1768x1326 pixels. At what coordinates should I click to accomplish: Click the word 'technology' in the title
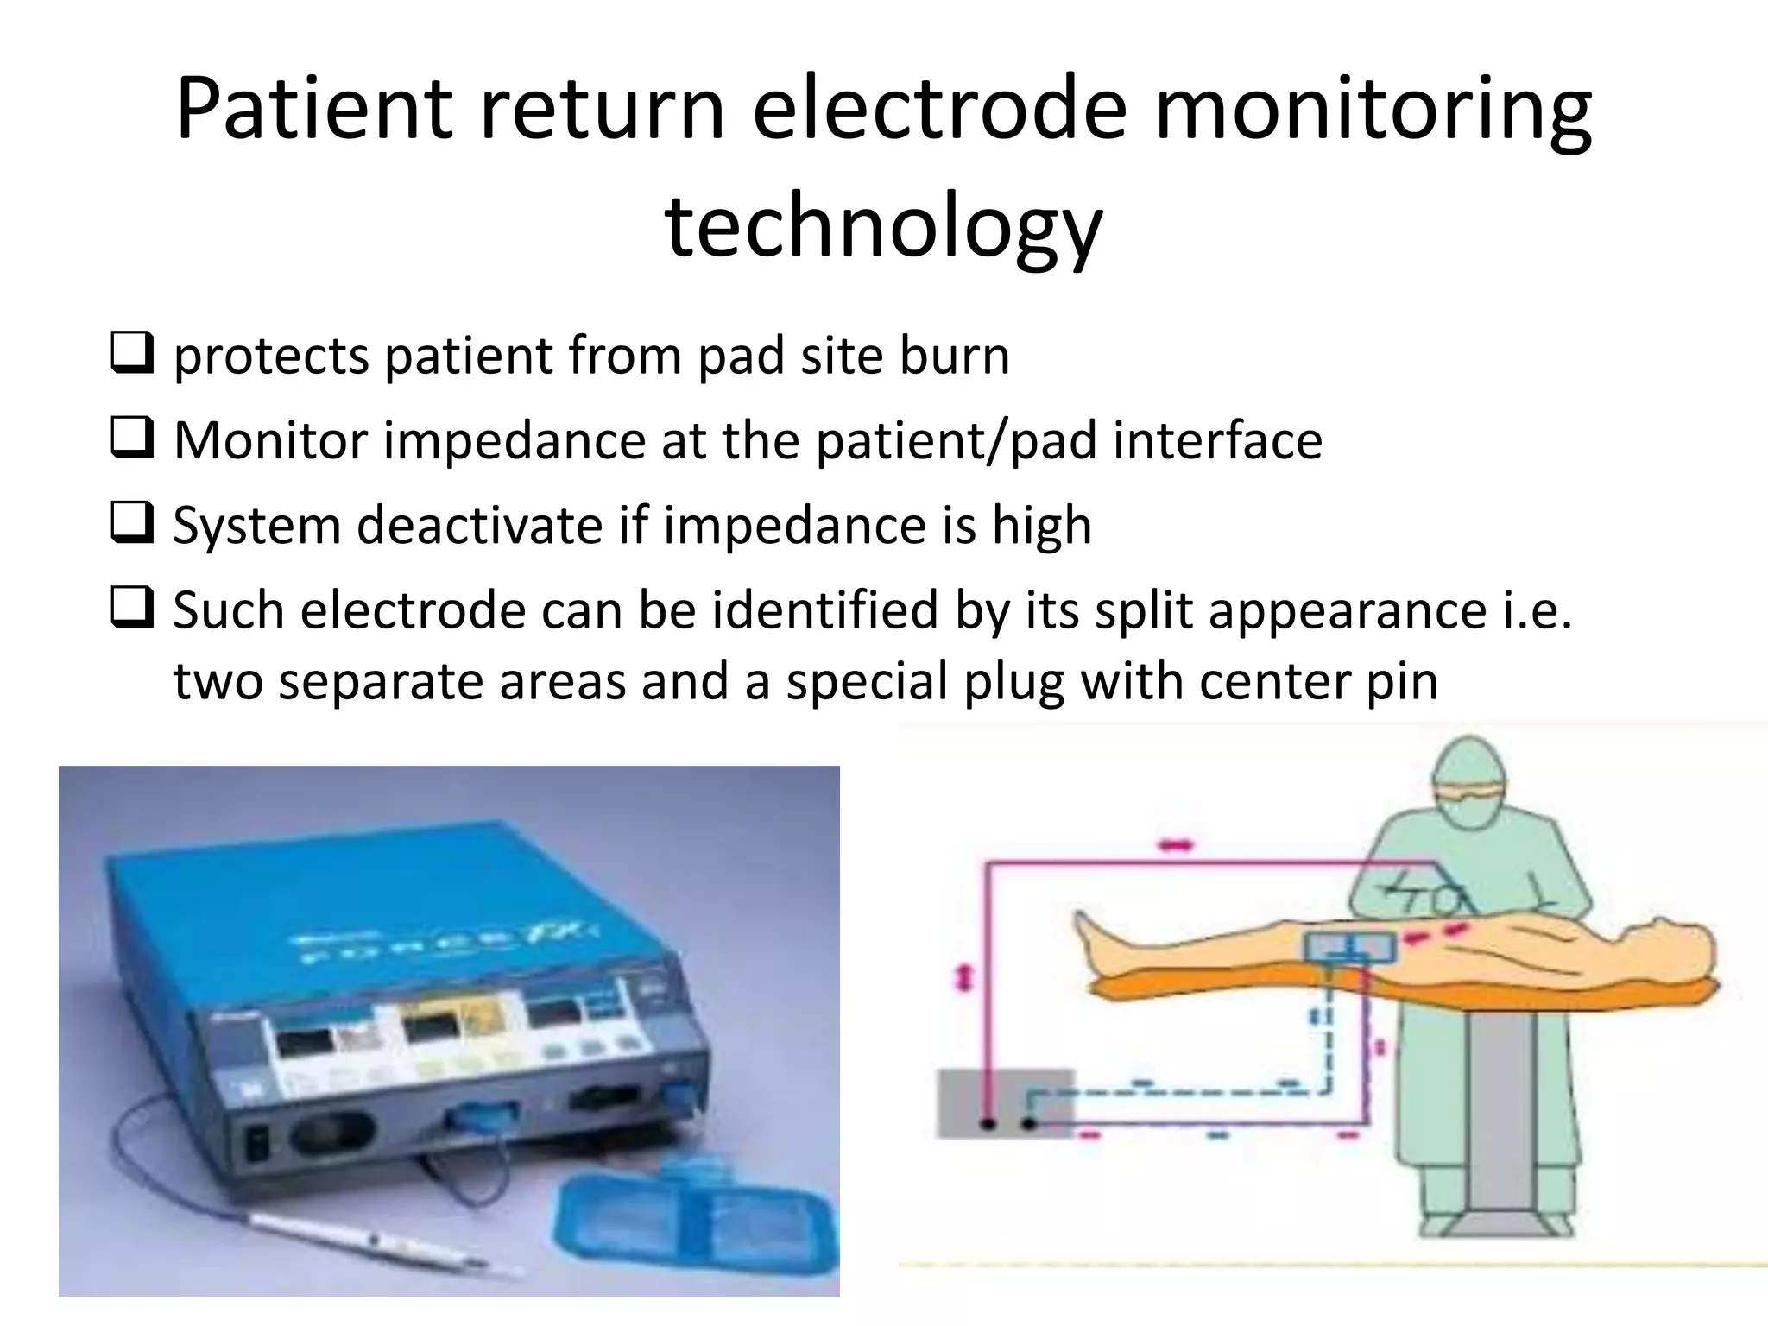click(883, 226)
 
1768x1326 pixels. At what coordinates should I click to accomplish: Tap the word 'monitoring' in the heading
click(1373, 109)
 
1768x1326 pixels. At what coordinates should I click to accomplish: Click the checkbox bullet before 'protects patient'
click(132, 353)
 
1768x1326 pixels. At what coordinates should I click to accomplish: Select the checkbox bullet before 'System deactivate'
click(132, 523)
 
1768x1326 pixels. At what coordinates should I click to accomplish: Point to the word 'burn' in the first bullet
click(954, 356)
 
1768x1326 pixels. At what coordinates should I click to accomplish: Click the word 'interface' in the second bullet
click(1217, 440)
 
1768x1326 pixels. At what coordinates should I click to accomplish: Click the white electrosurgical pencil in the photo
click(371, 1243)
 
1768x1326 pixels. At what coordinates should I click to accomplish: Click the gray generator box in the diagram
click(1001, 1101)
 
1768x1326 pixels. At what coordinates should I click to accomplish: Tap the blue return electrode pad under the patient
click(1349, 948)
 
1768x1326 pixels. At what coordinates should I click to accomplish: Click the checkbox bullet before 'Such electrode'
click(132, 608)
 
